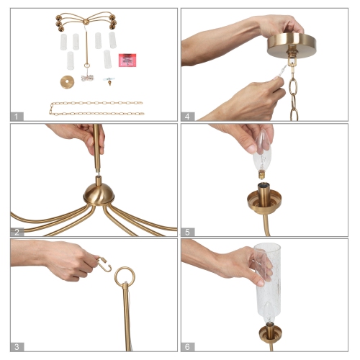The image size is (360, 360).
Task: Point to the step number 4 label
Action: click(x=188, y=116)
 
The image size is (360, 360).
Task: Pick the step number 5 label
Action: click(x=188, y=231)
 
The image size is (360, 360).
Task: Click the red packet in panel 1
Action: click(x=127, y=58)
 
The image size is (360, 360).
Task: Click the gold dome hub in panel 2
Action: click(x=97, y=192)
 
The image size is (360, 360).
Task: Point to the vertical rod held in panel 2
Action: click(x=96, y=151)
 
